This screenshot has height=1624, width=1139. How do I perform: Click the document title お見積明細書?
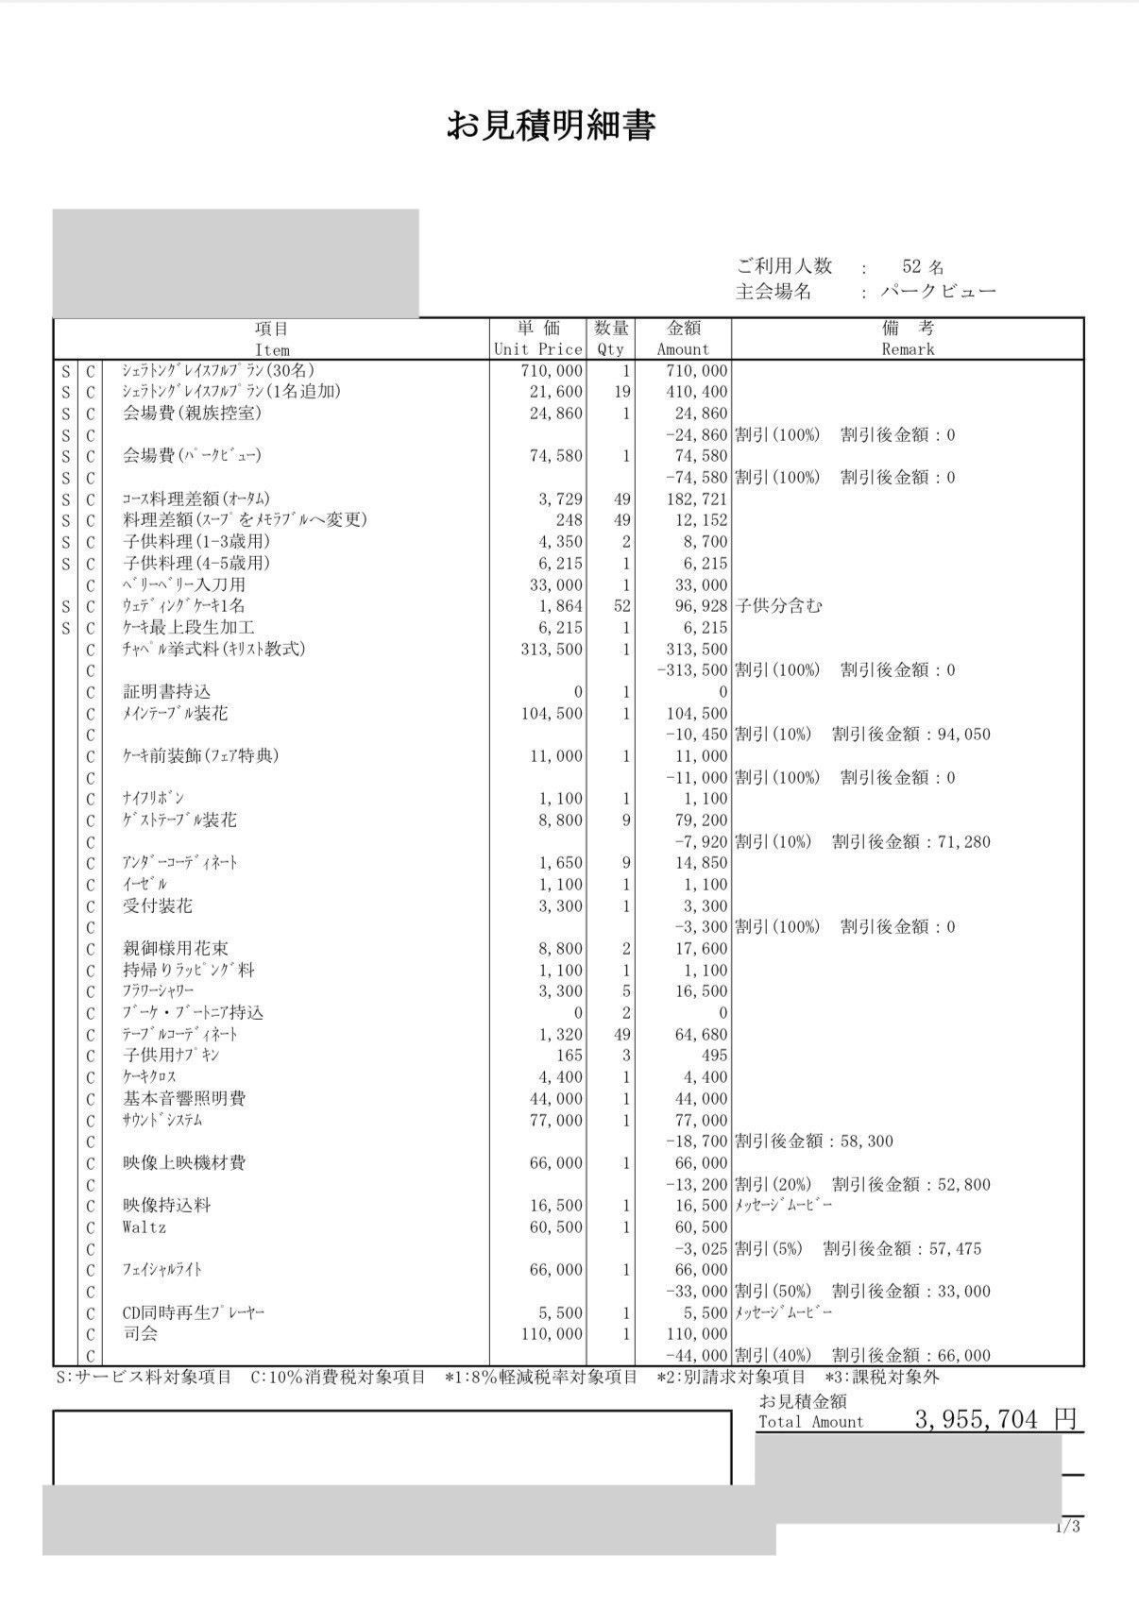click(551, 126)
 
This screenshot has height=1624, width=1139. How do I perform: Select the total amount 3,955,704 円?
click(994, 1419)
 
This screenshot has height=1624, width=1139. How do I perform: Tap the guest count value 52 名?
click(922, 267)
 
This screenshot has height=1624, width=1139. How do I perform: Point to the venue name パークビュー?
click(938, 292)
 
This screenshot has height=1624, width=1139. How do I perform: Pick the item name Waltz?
click(144, 1227)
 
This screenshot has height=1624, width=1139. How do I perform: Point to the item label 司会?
click(141, 1334)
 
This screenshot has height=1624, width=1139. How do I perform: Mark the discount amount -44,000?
click(696, 1356)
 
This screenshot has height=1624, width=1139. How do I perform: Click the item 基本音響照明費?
click(184, 1099)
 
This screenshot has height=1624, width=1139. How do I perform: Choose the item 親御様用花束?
click(176, 949)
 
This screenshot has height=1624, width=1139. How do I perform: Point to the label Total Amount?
click(810, 1422)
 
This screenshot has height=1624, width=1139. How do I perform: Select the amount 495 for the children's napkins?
click(714, 1056)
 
